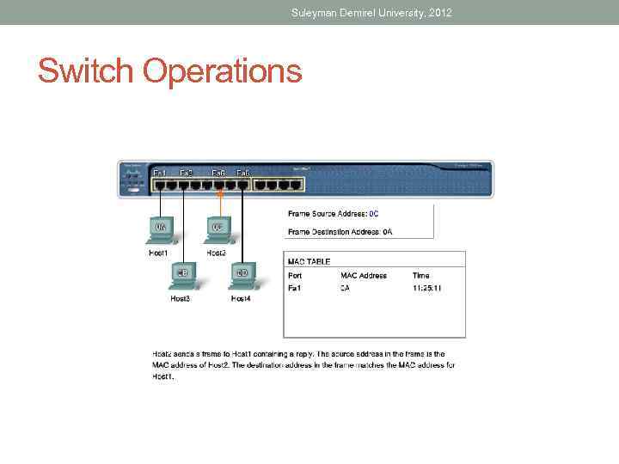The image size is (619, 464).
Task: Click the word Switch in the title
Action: [x=86, y=70]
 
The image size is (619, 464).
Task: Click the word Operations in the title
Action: [x=223, y=72]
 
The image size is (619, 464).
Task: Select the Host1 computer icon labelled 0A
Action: [x=161, y=228]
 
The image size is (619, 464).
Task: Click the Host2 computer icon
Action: [x=217, y=228]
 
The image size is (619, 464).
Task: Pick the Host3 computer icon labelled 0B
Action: [x=182, y=274]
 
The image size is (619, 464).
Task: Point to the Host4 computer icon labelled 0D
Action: [x=242, y=274]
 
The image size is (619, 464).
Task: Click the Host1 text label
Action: [x=158, y=253]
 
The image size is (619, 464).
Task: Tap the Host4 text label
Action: [x=242, y=299]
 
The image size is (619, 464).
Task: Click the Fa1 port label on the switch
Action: [x=160, y=174]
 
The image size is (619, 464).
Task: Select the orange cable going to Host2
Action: [x=219, y=201]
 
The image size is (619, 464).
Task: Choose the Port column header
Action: [x=294, y=276]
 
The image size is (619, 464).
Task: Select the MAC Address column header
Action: [x=364, y=276]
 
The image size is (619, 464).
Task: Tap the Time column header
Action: [x=421, y=276]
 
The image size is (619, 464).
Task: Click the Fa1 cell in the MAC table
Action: [x=294, y=289]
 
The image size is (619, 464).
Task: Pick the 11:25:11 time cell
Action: [x=427, y=289]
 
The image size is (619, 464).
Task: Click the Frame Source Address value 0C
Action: [x=374, y=213]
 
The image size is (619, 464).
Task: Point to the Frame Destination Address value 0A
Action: [x=388, y=231]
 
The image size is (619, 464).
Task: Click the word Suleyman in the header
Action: [x=316, y=12]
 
